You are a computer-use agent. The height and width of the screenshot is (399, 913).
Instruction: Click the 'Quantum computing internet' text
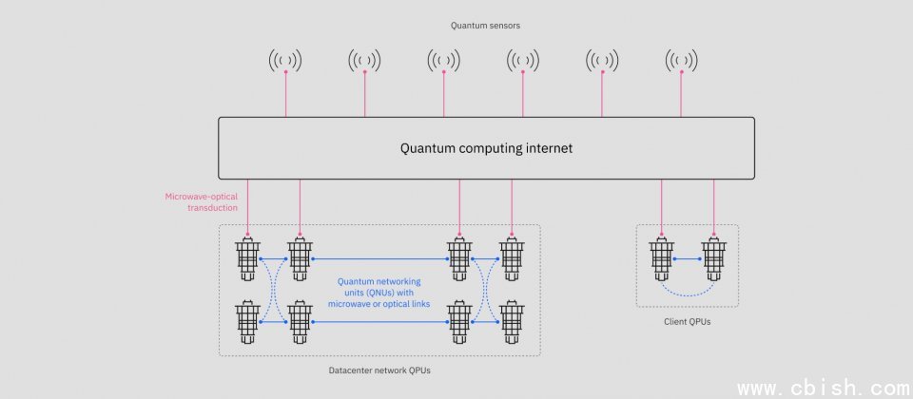[486, 148]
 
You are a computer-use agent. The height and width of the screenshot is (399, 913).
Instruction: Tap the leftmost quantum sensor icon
[285, 62]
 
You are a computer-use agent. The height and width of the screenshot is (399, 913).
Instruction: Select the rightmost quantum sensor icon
[681, 62]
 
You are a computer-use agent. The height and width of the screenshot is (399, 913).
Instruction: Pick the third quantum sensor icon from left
[444, 62]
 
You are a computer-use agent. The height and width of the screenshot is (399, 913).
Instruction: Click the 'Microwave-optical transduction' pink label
[202, 202]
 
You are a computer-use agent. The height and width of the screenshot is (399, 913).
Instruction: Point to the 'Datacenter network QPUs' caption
[380, 370]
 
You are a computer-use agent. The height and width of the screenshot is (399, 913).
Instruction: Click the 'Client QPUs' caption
[687, 321]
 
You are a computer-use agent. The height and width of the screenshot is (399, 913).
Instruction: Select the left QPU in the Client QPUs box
[661, 258]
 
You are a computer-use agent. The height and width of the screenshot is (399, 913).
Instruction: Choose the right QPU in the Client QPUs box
[713, 258]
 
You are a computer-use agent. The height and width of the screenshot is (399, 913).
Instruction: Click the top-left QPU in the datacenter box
[248, 258]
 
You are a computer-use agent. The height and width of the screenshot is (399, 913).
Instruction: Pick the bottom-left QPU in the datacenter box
[248, 323]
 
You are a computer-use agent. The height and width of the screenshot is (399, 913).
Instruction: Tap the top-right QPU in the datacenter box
[512, 258]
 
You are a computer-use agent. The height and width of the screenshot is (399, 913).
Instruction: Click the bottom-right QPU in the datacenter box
[512, 323]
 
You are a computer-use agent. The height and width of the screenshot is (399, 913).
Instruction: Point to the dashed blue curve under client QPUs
[687, 294]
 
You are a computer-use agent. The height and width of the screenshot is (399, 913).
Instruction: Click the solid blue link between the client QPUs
[687, 258]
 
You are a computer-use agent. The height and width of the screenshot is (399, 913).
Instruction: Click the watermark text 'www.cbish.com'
[824, 388]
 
